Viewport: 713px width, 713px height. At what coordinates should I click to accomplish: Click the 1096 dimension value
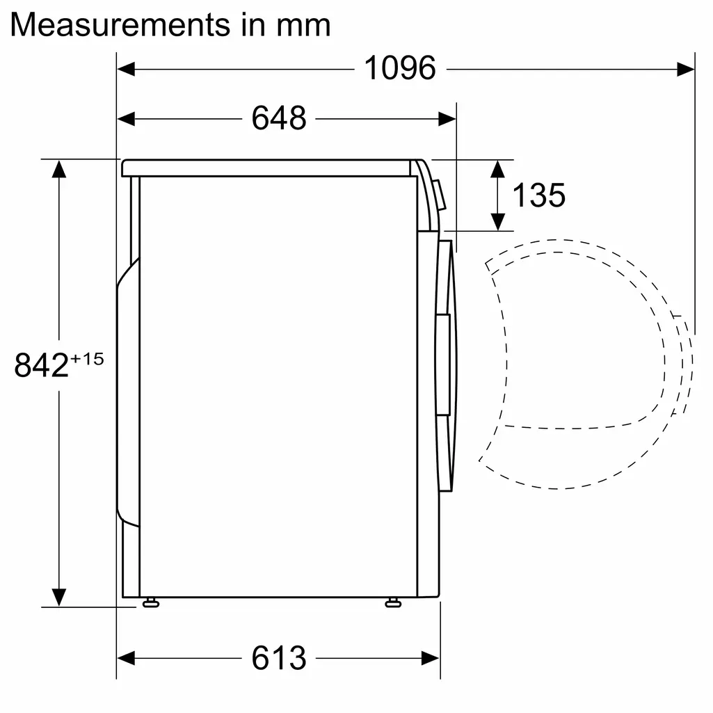coord(400,68)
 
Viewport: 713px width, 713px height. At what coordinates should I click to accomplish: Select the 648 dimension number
coord(278,118)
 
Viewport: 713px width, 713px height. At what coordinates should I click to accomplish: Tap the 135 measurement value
coord(538,195)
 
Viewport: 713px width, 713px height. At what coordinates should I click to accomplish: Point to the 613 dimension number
coord(278,658)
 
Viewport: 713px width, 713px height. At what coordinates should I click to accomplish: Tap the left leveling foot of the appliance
coord(150,602)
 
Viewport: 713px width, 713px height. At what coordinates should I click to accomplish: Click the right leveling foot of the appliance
coord(393,602)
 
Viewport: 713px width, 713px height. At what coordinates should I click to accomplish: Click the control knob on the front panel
coord(439,195)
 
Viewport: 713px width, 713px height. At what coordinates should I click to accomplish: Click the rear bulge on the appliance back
coord(127,390)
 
